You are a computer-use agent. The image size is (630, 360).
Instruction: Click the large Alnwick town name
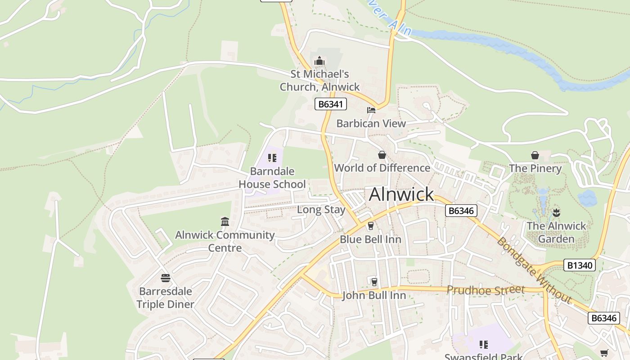[x=401, y=194]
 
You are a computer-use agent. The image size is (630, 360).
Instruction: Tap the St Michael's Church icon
[x=319, y=61]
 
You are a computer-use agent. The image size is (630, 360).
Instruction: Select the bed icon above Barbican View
[x=371, y=110]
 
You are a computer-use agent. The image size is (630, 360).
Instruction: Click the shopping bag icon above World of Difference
[x=382, y=155]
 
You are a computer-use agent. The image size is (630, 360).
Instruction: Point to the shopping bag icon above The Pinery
[x=535, y=155]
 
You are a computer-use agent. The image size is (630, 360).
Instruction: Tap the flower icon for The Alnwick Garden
[x=556, y=212]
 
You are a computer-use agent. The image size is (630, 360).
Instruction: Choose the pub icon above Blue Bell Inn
[x=370, y=225]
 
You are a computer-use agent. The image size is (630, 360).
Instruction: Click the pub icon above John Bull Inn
[x=374, y=282]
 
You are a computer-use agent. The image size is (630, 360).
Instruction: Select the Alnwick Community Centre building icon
[x=225, y=221]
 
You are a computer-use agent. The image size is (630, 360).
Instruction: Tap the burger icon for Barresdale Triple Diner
[x=166, y=278]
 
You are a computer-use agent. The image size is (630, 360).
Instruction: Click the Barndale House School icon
[x=272, y=158]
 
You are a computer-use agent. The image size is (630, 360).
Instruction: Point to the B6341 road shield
[x=330, y=104]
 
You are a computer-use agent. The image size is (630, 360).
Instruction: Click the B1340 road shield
[x=580, y=265]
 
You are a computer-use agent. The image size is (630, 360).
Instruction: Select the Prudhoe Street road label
[x=486, y=290]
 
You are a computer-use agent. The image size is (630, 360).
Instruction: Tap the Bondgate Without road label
[x=533, y=270]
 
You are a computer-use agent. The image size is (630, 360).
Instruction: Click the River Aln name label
[x=389, y=20]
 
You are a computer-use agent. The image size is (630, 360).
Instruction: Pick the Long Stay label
[x=321, y=210]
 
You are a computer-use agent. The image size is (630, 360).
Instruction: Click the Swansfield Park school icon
[x=484, y=345]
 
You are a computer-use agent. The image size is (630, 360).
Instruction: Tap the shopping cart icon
[x=604, y=353]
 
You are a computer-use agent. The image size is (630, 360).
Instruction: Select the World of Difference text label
[x=382, y=168]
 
